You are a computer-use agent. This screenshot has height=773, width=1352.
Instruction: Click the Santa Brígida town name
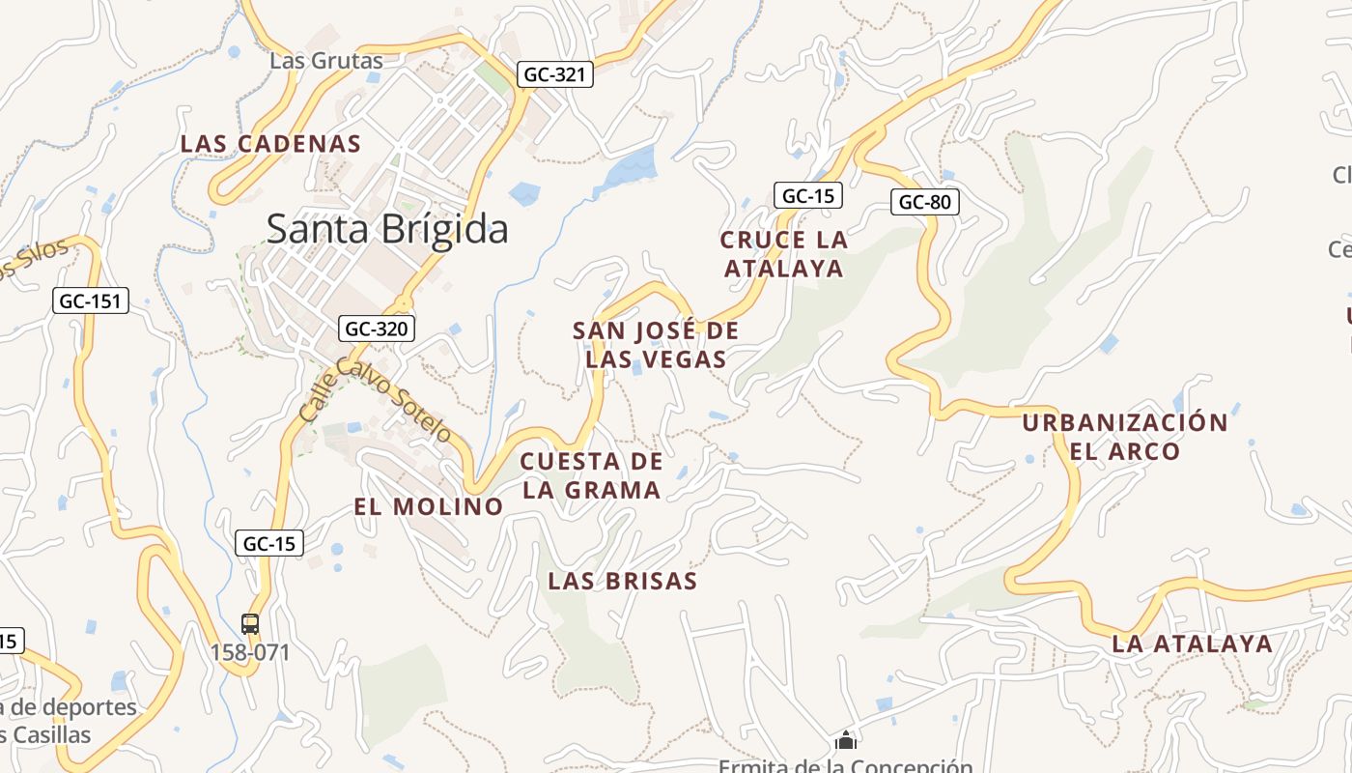pyautogui.click(x=387, y=230)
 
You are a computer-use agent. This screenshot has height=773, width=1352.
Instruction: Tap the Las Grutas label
pyautogui.click(x=326, y=61)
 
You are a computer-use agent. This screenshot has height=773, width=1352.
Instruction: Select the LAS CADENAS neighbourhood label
pyautogui.click(x=270, y=144)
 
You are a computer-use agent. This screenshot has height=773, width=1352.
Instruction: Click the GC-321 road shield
pyautogui.click(x=554, y=74)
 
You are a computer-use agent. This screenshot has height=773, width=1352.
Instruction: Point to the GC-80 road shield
pyautogui.click(x=924, y=202)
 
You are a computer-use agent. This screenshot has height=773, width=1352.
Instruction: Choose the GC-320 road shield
pyautogui.click(x=377, y=329)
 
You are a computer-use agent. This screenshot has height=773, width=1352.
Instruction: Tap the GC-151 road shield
pyautogui.click(x=90, y=301)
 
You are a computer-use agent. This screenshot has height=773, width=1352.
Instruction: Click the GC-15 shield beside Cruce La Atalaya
pyautogui.click(x=807, y=195)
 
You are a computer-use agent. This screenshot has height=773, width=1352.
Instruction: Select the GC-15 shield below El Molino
pyautogui.click(x=269, y=543)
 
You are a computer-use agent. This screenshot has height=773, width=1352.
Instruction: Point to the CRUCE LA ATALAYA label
pyautogui.click(x=784, y=253)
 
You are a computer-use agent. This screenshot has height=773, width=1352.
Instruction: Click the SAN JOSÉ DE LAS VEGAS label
pyautogui.click(x=656, y=345)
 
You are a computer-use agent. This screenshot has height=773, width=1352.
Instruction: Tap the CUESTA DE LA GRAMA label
pyautogui.click(x=592, y=475)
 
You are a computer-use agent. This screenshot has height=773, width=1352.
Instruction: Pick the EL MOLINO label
pyautogui.click(x=429, y=506)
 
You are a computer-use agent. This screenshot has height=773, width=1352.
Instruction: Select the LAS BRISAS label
pyautogui.click(x=622, y=581)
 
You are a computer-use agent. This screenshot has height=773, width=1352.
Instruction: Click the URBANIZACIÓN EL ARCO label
pyautogui.click(x=1125, y=437)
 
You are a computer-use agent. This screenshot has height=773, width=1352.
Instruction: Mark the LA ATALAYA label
pyautogui.click(x=1192, y=644)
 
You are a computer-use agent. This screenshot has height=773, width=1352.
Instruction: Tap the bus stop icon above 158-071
pyautogui.click(x=250, y=624)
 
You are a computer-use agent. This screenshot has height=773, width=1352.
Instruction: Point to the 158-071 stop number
pyautogui.click(x=250, y=652)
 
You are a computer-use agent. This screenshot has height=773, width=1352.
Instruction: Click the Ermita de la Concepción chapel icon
pyautogui.click(x=846, y=741)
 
